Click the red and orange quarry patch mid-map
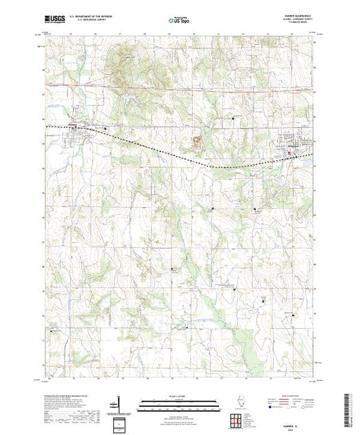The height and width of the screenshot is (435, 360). tap(198, 141)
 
